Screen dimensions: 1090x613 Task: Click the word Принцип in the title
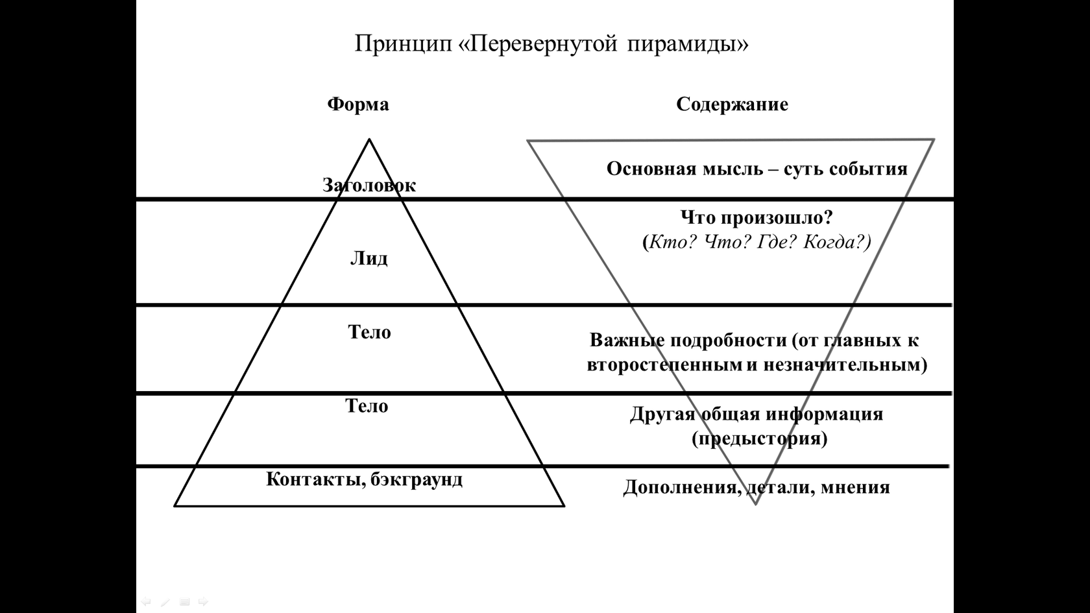pos(404,44)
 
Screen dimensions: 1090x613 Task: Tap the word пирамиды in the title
pos(688,44)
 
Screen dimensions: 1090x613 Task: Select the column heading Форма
pos(358,104)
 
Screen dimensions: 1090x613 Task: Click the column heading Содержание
pos(732,104)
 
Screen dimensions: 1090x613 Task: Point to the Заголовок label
pos(369,185)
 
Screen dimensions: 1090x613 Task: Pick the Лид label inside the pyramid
pos(369,258)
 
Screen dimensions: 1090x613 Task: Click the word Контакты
pos(317,480)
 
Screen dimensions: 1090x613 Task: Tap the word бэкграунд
pos(417,480)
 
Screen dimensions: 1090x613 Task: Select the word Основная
pos(651,169)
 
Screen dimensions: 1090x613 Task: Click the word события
pos(868,169)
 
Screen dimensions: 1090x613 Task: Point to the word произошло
pos(777,217)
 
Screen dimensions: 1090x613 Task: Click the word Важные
pos(627,340)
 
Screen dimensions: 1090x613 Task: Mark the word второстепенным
pos(664,365)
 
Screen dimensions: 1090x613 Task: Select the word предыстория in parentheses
pos(760,439)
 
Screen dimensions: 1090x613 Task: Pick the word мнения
pos(855,487)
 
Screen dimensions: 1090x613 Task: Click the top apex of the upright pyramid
pos(369,139)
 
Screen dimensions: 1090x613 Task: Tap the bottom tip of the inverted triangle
pos(755,505)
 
